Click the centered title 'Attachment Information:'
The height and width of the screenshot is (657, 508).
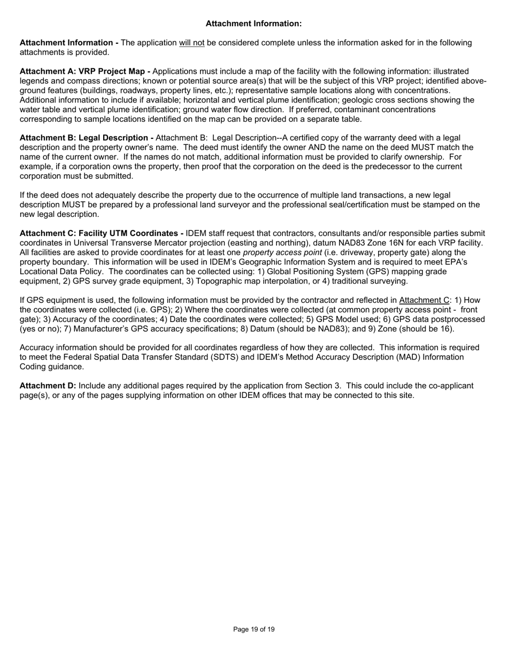[x=253, y=24]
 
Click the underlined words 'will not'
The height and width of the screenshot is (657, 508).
[x=192, y=43]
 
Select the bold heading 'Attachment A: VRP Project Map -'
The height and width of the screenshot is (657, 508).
[x=84, y=72]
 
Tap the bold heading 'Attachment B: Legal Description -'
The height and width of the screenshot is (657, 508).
[x=87, y=138]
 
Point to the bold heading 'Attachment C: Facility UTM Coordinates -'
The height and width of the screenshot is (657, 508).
[x=102, y=233]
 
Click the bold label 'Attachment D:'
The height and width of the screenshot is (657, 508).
[x=48, y=386]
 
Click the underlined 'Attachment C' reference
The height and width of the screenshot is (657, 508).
[x=424, y=300]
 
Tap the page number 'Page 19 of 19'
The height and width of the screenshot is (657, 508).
[x=254, y=630]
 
